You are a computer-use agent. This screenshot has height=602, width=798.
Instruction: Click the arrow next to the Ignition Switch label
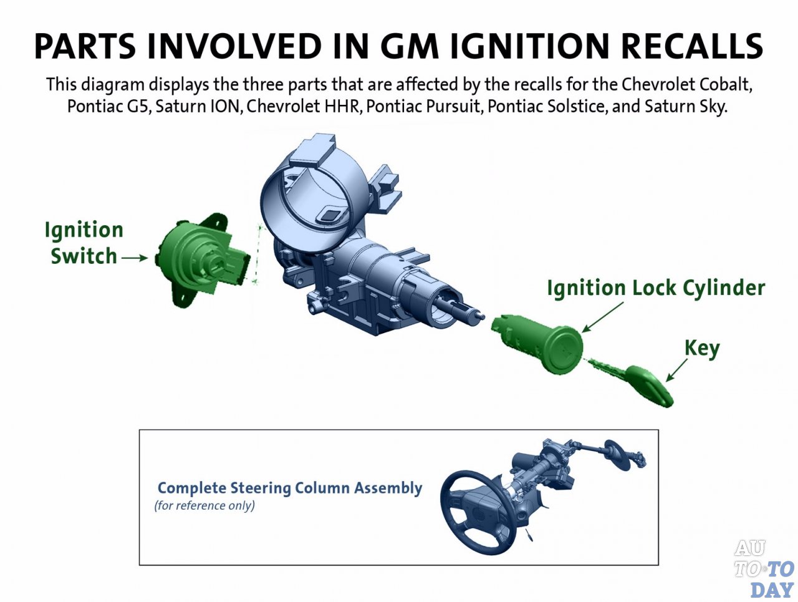pyautogui.click(x=134, y=257)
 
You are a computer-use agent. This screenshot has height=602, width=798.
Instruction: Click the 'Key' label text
pyautogui.click(x=701, y=347)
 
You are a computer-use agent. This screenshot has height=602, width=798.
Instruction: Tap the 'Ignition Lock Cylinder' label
pyautogui.click(x=655, y=288)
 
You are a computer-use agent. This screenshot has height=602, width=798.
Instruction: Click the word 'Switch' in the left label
pyautogui.click(x=84, y=256)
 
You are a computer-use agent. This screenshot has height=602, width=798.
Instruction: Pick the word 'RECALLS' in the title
pyautogui.click(x=692, y=46)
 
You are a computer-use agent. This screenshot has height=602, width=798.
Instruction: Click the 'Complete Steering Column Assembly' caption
pyautogui.click(x=289, y=488)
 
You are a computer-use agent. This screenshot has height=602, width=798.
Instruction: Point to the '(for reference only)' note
pyautogui.click(x=204, y=505)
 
